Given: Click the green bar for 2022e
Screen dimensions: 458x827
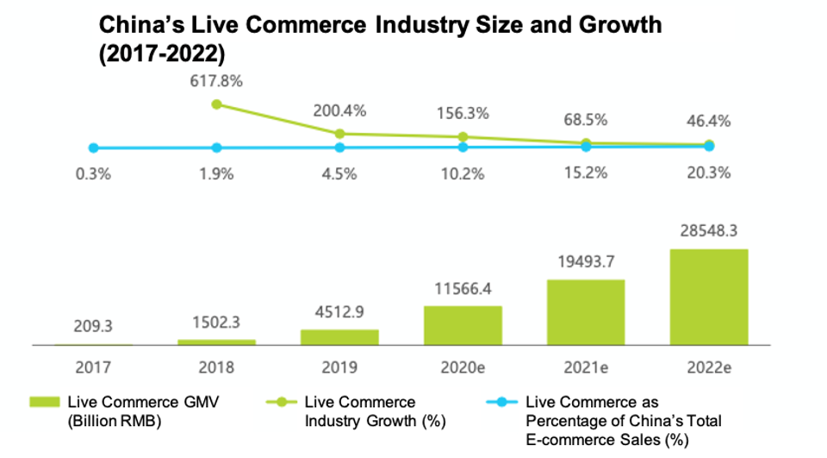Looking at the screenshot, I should (x=709, y=298).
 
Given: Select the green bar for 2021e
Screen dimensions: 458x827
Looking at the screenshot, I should (x=586, y=312).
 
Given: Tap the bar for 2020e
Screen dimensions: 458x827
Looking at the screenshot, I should (x=463, y=325).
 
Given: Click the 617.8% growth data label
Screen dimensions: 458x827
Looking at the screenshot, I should (x=215, y=83).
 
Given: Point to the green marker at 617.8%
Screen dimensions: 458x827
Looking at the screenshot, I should (x=216, y=104).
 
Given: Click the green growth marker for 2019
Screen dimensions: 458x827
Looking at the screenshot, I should (x=339, y=134).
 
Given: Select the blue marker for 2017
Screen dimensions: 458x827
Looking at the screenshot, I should (x=93, y=148).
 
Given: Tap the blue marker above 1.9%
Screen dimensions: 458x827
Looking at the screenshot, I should (x=216, y=148).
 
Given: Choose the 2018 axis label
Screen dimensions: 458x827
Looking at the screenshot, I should (x=216, y=367).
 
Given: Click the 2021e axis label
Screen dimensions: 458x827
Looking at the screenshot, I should (x=586, y=367).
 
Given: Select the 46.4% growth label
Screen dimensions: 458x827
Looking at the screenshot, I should (x=709, y=120).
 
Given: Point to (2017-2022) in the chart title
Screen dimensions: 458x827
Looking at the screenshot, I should (x=163, y=53).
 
